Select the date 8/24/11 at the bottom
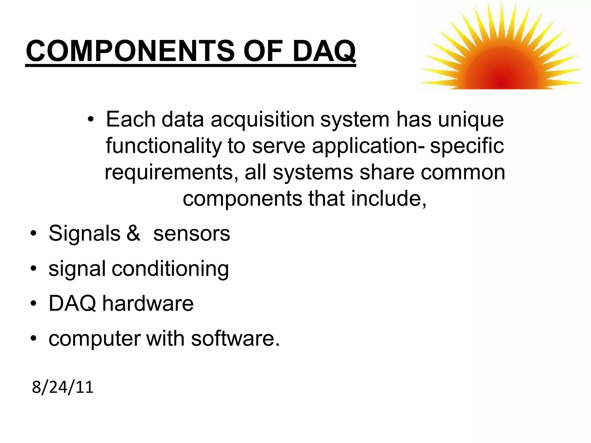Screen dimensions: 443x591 (63, 387)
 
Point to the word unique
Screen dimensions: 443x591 (471, 120)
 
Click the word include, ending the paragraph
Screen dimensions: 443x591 (388, 199)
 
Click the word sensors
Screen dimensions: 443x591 (192, 234)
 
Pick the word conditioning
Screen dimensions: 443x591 (170, 269)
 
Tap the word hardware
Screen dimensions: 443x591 (148, 303)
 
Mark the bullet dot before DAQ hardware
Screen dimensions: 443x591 (34, 304)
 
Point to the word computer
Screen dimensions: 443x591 (94, 339)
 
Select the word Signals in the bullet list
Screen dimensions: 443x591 (84, 234)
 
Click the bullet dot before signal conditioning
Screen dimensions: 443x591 (34, 269)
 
